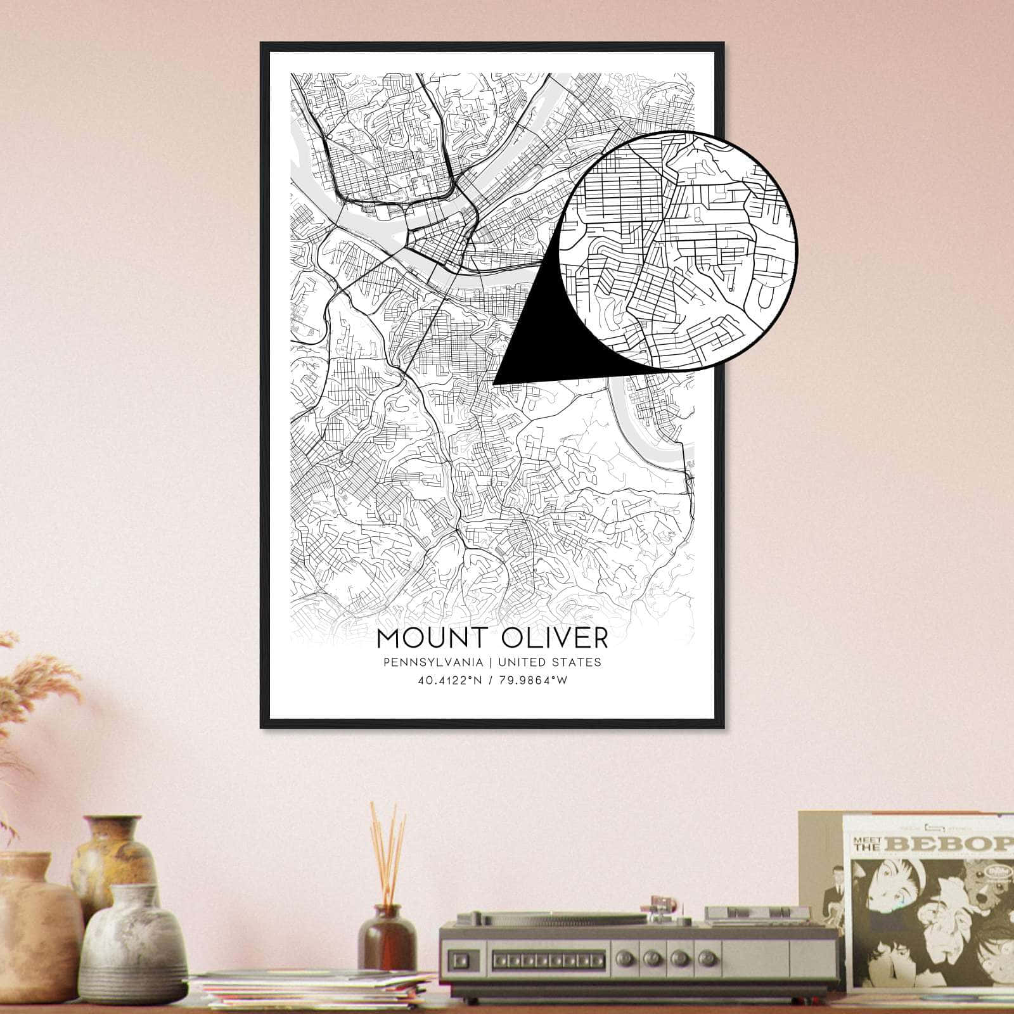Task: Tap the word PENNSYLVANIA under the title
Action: (x=433, y=662)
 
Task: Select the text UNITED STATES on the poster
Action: (x=549, y=662)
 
